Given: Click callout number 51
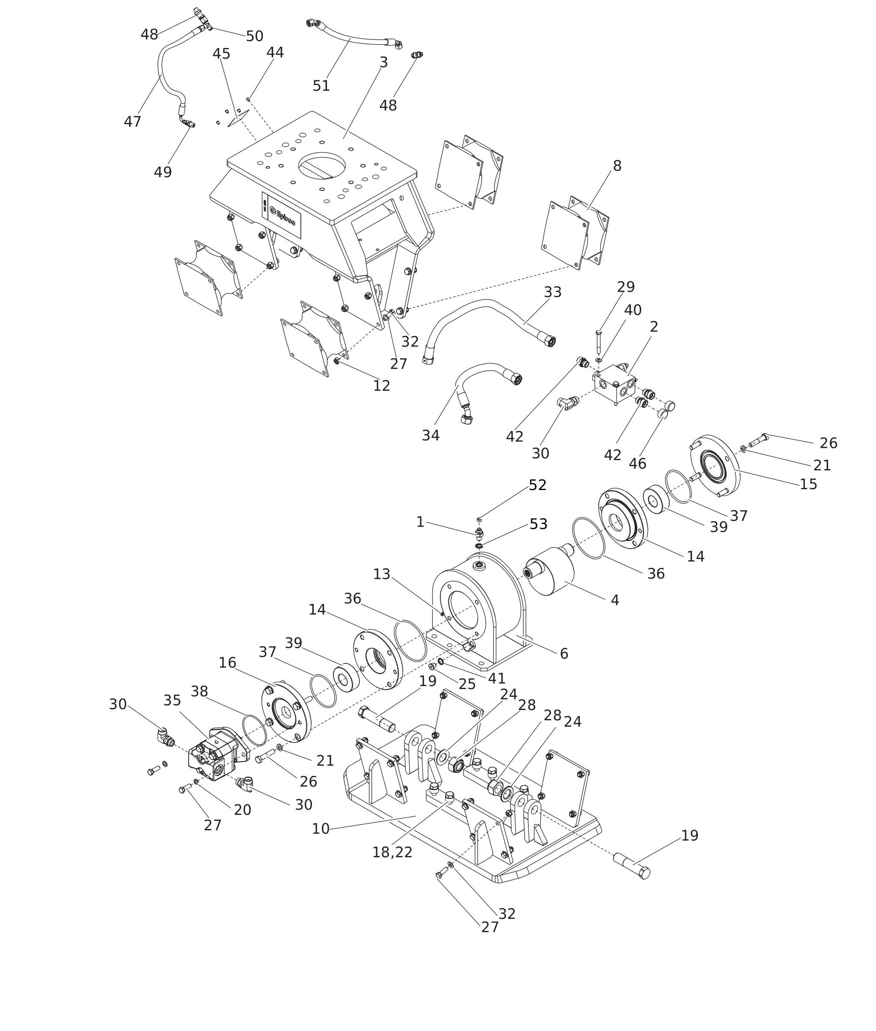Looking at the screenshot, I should point(321,86).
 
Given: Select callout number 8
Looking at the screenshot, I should point(617,166).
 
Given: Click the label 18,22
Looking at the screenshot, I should point(392,852).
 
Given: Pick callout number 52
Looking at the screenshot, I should point(537,485).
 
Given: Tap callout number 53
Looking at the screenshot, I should point(538,524).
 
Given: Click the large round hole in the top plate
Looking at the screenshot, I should point(322,165).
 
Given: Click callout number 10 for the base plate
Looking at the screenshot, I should point(320,829).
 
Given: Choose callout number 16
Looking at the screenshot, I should point(227,663).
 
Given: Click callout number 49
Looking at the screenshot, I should point(162,172).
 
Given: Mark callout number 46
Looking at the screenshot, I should point(637,464).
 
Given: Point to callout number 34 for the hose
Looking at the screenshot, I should point(431,435).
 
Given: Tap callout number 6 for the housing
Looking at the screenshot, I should point(564,654).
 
